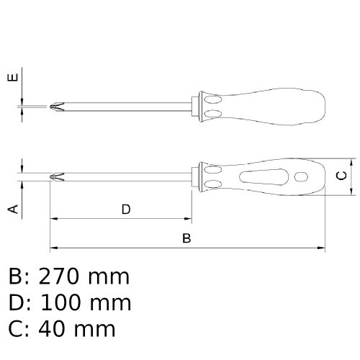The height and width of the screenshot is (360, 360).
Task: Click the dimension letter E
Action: [x=13, y=78]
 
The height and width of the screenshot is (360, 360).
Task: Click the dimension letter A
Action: [x=13, y=209]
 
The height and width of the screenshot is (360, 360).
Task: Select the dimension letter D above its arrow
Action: [x=126, y=210]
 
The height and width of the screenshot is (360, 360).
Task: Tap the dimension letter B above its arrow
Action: [x=186, y=238]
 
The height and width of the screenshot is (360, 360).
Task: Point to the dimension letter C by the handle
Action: [x=341, y=176]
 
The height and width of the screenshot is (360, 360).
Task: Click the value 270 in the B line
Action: [x=59, y=276]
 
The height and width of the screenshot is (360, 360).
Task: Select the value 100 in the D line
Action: [x=60, y=302]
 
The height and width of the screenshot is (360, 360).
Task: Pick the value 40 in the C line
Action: [x=52, y=329]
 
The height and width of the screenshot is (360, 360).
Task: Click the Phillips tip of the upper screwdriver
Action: [x=57, y=107]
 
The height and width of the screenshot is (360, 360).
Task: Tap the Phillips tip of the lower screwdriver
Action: [x=57, y=176]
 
